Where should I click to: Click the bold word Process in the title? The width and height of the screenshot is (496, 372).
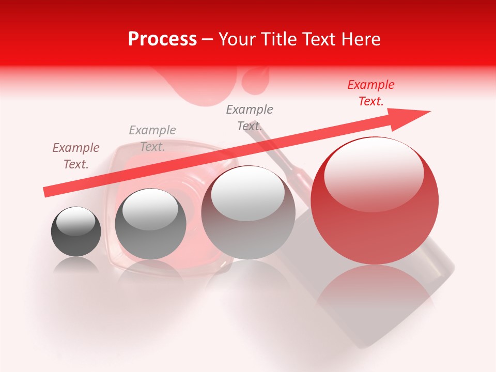tap(162, 39)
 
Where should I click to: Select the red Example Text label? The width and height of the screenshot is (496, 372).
tap(370, 93)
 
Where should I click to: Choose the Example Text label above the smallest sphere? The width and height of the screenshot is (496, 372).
tap(76, 156)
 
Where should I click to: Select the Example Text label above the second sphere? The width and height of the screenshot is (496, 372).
tap(152, 138)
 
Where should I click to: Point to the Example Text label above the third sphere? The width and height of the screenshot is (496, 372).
tap(250, 118)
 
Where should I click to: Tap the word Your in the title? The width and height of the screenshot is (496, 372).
tap(237, 39)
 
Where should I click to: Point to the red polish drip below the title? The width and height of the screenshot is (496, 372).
tap(253, 83)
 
